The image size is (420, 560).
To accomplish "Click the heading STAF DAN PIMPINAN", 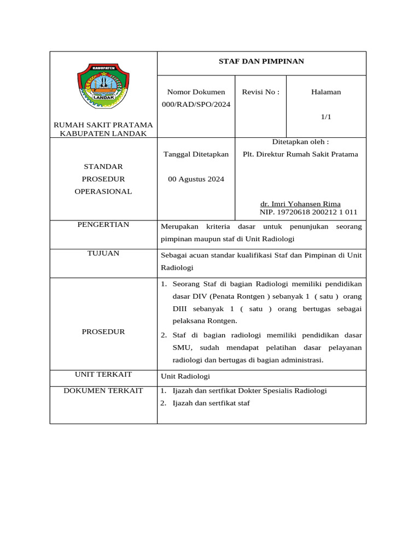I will [x=261, y=61].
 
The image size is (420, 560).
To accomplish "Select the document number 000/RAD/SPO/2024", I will [x=196, y=104].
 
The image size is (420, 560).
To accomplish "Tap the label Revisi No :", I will [x=260, y=92].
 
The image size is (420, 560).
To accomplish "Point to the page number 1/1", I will [x=326, y=117].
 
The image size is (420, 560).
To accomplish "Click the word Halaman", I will [x=326, y=92].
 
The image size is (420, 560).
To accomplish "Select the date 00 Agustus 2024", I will [x=196, y=179].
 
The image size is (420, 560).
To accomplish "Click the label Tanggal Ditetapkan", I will [x=196, y=154].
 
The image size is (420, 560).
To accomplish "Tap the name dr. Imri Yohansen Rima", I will [x=300, y=204].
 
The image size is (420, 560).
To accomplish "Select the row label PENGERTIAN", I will [x=103, y=225].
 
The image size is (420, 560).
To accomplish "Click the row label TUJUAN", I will [x=103, y=253].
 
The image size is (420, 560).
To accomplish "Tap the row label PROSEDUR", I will [x=103, y=331].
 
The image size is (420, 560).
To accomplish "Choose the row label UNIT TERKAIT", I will [x=103, y=375].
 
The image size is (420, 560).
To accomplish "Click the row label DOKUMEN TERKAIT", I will [x=103, y=390].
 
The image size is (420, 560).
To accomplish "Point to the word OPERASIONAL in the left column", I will [x=103, y=191].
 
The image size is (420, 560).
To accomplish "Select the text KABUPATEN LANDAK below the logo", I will [x=103, y=133].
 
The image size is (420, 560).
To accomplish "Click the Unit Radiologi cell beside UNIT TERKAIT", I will [x=185, y=377].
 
